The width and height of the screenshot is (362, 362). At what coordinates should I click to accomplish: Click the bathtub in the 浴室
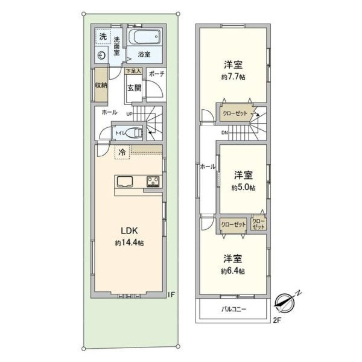(x=144, y=36)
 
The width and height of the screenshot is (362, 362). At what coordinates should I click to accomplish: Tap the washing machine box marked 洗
(x=103, y=36)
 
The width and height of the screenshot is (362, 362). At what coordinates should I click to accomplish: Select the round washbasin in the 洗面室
(x=101, y=56)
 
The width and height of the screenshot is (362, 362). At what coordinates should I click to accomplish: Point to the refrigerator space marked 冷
(x=122, y=152)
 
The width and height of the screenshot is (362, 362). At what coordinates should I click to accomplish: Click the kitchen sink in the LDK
(x=125, y=182)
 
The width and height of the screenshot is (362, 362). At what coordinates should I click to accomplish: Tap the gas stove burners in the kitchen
(x=153, y=182)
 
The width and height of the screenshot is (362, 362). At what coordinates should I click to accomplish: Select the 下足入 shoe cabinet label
(x=133, y=71)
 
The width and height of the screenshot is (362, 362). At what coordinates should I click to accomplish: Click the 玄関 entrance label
(x=135, y=88)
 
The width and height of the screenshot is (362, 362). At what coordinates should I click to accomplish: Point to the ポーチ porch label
(x=157, y=74)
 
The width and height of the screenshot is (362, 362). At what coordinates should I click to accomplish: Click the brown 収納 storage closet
(x=101, y=84)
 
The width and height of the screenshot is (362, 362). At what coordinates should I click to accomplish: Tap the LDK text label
(x=129, y=230)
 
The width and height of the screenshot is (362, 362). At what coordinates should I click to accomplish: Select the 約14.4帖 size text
(x=129, y=243)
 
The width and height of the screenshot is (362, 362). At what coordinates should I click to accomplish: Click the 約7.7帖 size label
(x=233, y=77)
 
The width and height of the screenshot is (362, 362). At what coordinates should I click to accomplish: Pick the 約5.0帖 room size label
(x=244, y=188)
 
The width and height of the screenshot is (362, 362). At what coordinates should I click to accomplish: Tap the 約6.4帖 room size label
(x=233, y=271)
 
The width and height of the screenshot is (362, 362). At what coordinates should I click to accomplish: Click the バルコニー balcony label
(x=234, y=309)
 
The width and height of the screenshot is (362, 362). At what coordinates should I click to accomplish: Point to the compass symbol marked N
(x=285, y=302)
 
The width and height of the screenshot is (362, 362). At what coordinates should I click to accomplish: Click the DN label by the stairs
(x=224, y=133)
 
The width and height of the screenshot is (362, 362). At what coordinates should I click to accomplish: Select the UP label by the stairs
(x=129, y=114)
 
